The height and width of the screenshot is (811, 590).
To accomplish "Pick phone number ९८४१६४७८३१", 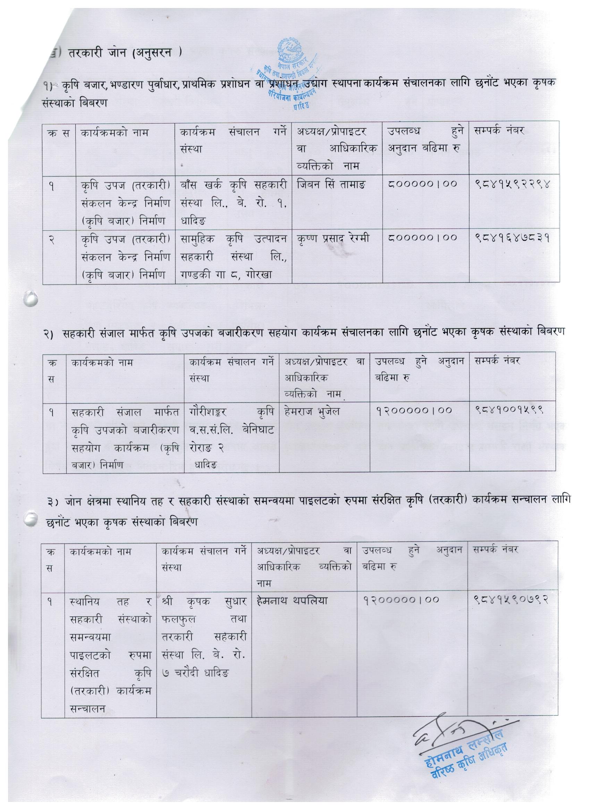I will coord(513,237).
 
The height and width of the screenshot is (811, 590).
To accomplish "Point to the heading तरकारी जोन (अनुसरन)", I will coord(118,53).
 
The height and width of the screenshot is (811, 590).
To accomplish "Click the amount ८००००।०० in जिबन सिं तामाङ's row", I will coord(422,185).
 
